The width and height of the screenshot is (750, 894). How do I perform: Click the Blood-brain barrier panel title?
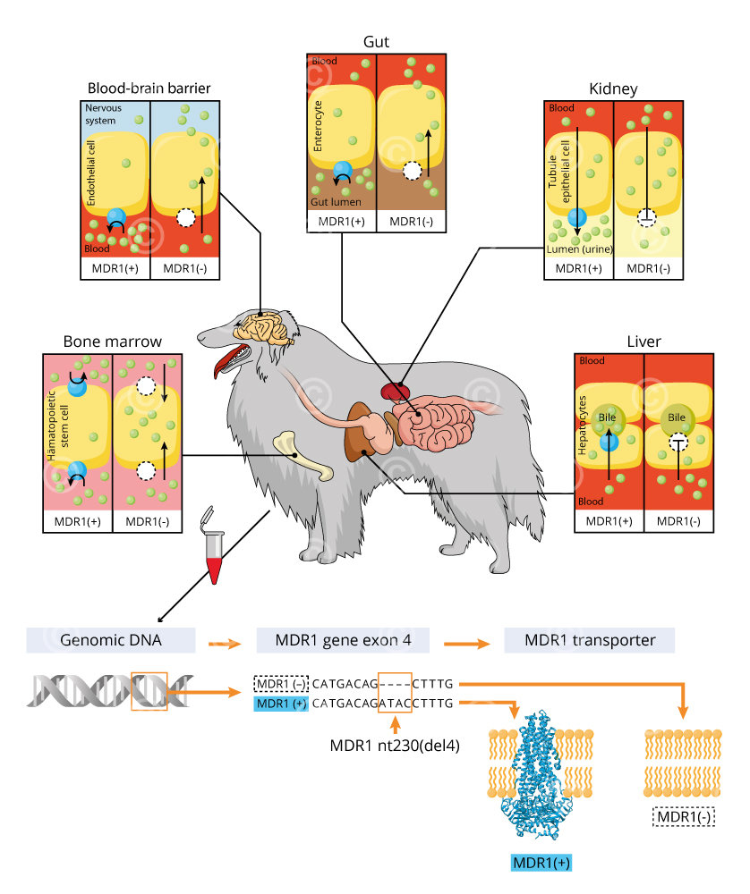coord(149,88)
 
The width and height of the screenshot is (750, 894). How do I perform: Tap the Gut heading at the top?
coord(377,42)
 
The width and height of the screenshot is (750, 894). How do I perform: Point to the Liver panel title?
coord(643,342)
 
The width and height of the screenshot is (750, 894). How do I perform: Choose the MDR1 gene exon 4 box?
coord(343,640)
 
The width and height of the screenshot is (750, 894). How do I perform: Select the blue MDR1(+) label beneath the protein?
coord(541,863)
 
